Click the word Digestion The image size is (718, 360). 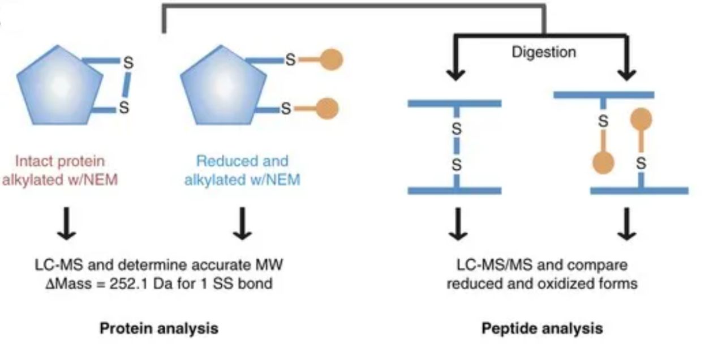[543, 52]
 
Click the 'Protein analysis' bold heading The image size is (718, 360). [158, 328]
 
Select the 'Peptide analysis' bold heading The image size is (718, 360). [541, 328]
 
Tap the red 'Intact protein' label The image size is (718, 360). [60, 161]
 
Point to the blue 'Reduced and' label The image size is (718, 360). [242, 161]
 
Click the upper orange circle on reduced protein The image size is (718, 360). [330, 59]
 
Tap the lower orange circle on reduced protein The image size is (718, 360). [326, 108]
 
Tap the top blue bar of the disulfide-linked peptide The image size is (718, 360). [454, 104]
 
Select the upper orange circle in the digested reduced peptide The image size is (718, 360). [640, 119]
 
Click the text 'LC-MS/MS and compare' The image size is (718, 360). [541, 265]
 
